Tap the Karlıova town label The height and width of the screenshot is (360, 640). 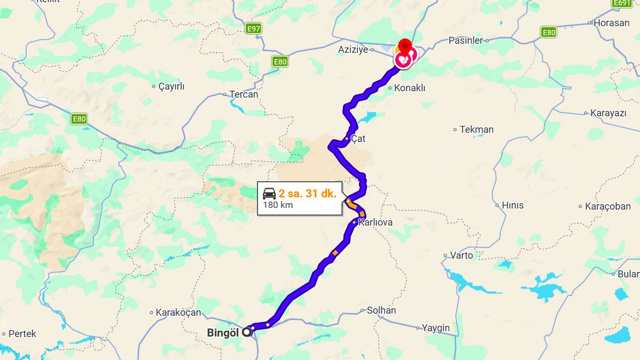tap(375, 222)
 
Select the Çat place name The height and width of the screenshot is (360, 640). tap(358, 139)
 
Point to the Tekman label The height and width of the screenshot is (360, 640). tap(477, 130)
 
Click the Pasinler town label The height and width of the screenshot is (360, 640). tap(465, 41)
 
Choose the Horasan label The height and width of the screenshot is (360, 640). tap(611, 23)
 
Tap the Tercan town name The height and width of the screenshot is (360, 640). tap(244, 94)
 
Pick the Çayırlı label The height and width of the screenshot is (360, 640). tap(171, 86)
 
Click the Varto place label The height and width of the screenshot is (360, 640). tap(461, 255)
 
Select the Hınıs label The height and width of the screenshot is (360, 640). tap(513, 205)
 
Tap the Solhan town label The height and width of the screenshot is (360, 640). tap(381, 310)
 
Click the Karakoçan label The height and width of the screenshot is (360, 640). tap(178, 313)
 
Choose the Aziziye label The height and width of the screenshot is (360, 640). tap(353, 50)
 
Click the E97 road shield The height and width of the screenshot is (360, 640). tap(254, 28)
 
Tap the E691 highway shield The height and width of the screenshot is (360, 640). tap(622, 3)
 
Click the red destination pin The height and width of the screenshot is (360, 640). tap(406, 45)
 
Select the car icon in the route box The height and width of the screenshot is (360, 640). tap(269, 193)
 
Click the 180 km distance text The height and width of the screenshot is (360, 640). tap(278, 205)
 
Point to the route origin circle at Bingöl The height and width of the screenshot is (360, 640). tap(246, 332)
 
